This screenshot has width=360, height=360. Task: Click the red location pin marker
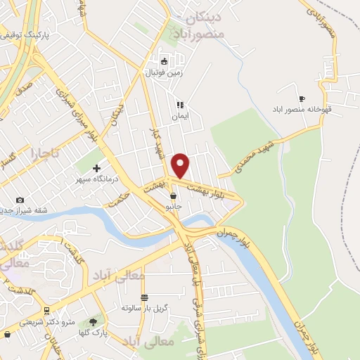(x=181, y=165)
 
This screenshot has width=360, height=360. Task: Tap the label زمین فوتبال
(x=163, y=72)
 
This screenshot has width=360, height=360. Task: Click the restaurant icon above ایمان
(x=179, y=104)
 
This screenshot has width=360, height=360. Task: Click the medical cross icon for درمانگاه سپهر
(x=96, y=168)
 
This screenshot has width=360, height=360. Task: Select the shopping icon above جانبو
(x=173, y=196)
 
